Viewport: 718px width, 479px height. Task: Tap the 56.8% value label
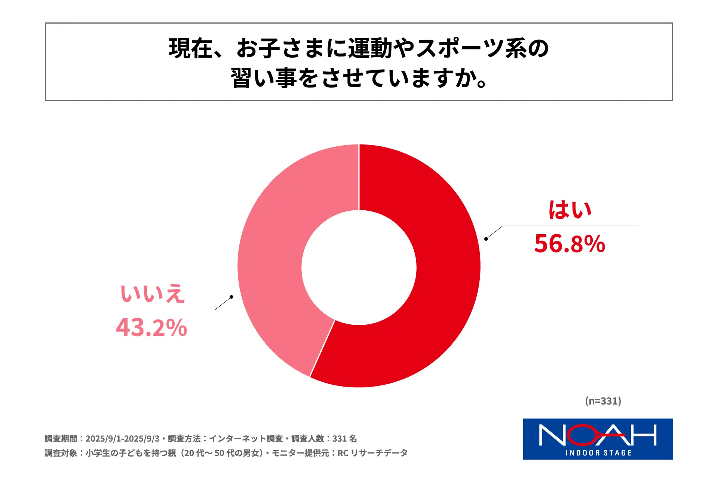[570, 244]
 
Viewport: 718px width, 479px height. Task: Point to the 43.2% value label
[151, 327]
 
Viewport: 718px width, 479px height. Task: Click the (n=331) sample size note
[603, 401]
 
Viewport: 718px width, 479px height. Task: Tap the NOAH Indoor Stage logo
[598, 439]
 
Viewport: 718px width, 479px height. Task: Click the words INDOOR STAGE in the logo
[598, 453]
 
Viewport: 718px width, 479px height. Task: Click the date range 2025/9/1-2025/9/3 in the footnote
[122, 439]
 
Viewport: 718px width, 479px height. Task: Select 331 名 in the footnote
[344, 439]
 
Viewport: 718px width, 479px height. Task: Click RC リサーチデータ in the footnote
[372, 453]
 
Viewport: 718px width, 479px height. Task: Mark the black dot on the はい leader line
[486, 239]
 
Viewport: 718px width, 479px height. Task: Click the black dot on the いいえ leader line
[231, 297]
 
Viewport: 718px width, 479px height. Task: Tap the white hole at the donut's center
[359, 267]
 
